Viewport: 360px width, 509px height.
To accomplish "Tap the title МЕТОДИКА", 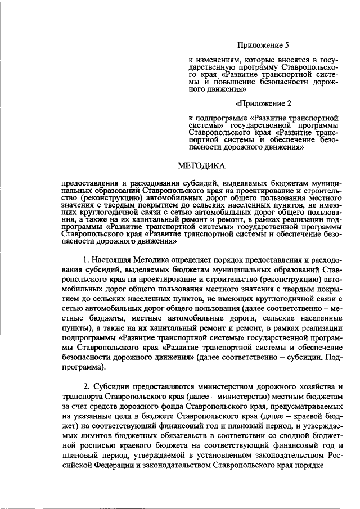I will pos(201,165).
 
